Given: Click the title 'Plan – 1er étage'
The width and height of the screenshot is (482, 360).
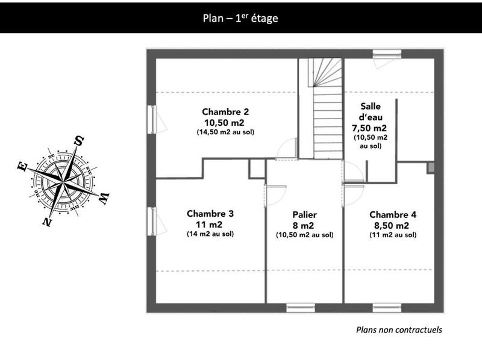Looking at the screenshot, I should [240, 18].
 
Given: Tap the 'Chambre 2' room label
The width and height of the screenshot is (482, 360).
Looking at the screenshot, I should [225, 112].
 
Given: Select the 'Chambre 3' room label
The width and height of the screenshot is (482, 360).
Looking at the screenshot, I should [210, 214].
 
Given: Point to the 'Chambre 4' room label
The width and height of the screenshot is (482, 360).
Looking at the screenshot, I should [392, 215].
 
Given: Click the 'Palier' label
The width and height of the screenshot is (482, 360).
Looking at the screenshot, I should [304, 215].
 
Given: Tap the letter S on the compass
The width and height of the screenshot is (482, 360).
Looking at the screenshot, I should [78, 141].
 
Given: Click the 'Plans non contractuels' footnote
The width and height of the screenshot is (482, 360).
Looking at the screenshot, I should [399, 329].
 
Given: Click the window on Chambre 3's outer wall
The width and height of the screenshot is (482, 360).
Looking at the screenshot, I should [152, 221].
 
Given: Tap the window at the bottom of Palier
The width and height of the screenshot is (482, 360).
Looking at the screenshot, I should [300, 308].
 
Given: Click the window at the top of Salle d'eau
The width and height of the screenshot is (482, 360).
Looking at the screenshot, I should [387, 53].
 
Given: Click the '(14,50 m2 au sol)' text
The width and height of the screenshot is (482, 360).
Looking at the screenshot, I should [225, 132].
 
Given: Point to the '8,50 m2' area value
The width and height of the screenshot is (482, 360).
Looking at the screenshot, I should [392, 225].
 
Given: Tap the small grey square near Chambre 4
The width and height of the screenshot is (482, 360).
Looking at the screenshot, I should [431, 167].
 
